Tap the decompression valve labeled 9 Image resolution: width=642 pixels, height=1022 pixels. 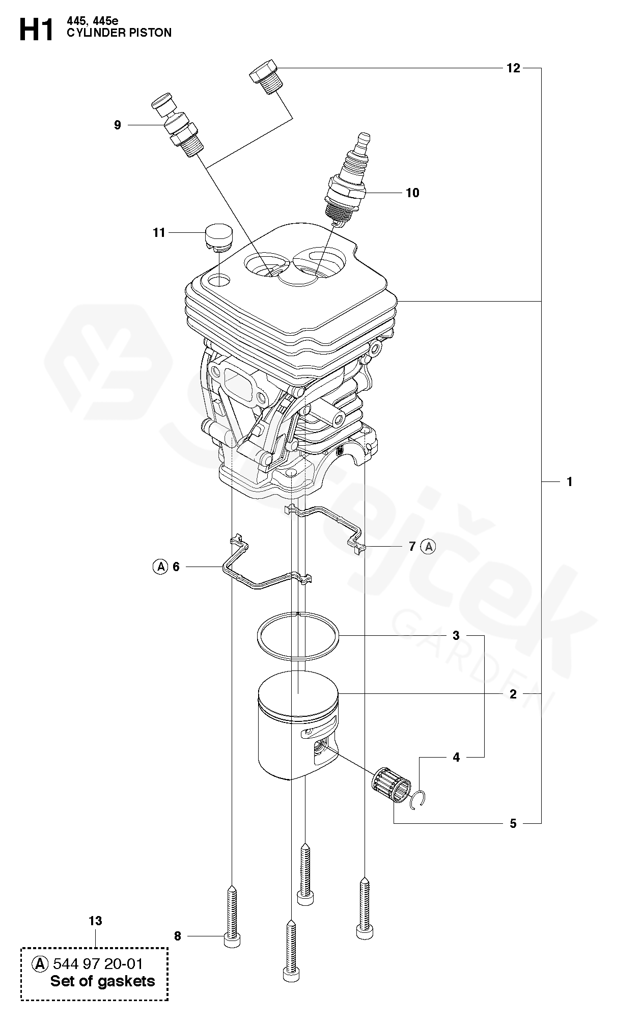(x=178, y=124)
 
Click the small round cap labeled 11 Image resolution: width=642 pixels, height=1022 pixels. (x=218, y=236)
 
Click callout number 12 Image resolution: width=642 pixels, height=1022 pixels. (x=513, y=68)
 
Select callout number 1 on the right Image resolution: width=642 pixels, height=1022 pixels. (x=570, y=481)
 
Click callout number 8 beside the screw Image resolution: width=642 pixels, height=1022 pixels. (x=178, y=936)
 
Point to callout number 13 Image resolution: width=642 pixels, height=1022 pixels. (x=95, y=921)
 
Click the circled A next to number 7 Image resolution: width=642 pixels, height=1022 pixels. (x=429, y=547)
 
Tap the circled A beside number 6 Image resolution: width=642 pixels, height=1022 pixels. (x=160, y=567)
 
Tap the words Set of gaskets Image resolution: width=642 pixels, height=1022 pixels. (x=102, y=981)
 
